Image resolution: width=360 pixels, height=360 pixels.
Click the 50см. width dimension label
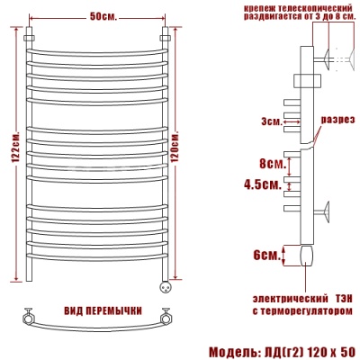pos(103,17)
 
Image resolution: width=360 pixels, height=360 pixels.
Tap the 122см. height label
pos(16,147)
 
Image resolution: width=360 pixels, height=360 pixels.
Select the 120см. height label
pos(175,147)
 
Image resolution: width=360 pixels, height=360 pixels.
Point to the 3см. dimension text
pos(272,121)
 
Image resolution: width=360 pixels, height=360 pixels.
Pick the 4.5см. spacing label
pos(263,184)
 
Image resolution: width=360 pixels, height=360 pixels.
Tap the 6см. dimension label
pos(266,256)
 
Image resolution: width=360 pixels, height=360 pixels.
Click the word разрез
pos(338,120)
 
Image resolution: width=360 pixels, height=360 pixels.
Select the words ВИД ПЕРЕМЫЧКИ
pos(103,311)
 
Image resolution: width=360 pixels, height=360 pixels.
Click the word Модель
pos(232,352)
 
